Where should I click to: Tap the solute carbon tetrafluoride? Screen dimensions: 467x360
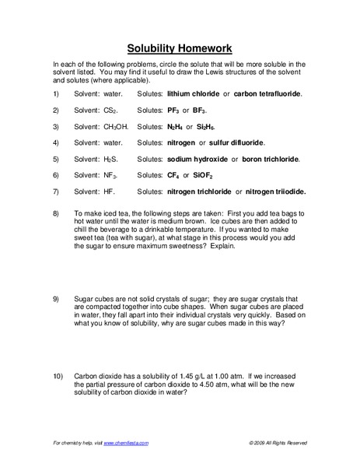[266, 93]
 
